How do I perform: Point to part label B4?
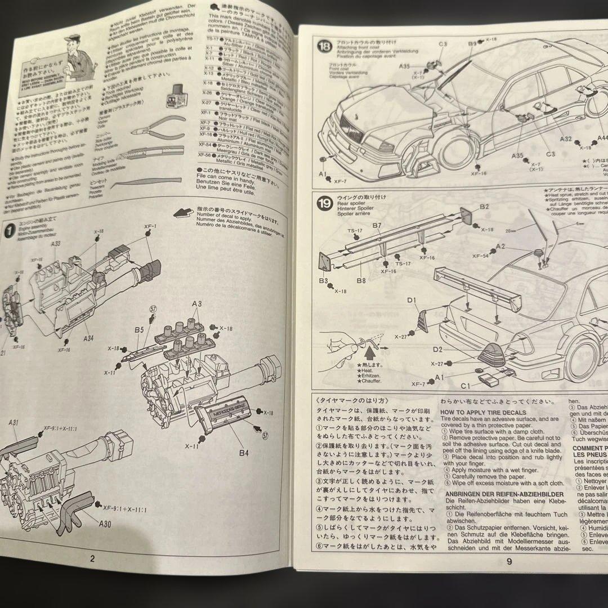coord(243,451)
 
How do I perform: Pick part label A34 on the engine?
coord(89,339)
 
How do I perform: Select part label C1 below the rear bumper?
coord(465,386)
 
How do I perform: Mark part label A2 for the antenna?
coord(501,247)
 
